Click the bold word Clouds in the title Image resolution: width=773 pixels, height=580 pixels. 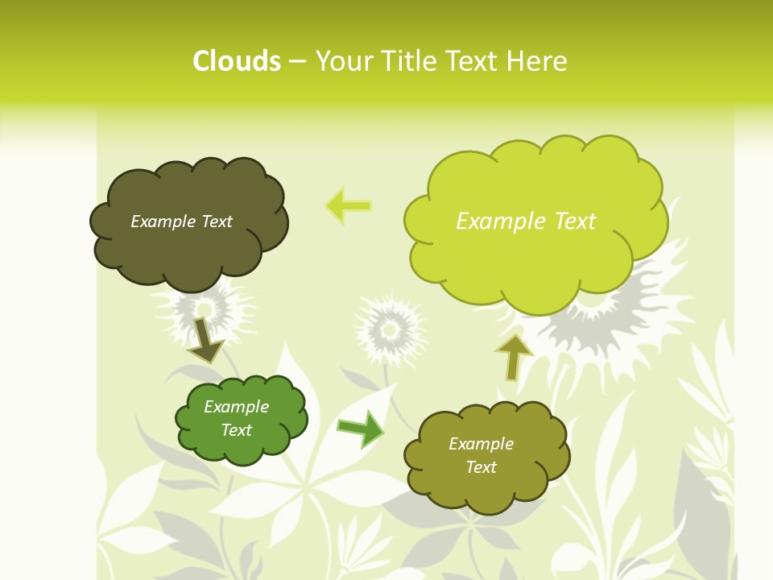(x=237, y=61)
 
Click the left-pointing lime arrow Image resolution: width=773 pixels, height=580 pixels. (x=349, y=205)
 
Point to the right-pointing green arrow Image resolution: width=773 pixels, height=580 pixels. (x=361, y=429)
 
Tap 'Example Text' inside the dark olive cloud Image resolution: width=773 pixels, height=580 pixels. (x=181, y=222)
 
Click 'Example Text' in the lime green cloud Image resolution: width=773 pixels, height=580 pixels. (x=526, y=222)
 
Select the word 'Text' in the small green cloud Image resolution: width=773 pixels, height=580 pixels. (x=237, y=430)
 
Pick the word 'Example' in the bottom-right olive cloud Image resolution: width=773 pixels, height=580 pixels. (x=481, y=444)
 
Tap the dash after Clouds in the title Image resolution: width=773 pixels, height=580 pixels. (x=297, y=61)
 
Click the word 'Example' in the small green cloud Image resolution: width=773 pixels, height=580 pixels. (x=237, y=407)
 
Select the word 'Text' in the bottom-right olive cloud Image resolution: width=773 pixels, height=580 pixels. (x=481, y=467)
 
